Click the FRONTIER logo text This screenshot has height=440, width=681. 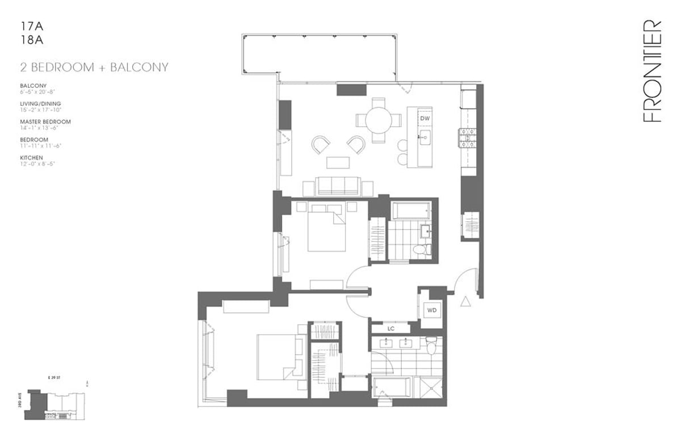point(653,71)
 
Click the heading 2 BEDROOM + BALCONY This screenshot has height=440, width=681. point(94,67)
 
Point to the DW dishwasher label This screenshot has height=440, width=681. point(424,118)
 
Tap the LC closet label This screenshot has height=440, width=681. point(390,328)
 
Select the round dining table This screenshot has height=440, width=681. point(379,120)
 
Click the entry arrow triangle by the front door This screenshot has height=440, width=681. point(465,301)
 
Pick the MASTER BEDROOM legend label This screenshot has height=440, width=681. point(45,121)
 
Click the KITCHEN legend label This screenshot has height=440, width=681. point(32,157)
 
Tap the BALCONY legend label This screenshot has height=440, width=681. point(32,86)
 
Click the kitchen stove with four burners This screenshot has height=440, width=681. point(469,138)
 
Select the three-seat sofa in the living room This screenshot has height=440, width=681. point(339,186)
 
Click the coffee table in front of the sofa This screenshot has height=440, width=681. point(339,162)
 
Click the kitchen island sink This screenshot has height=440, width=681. point(424,136)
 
